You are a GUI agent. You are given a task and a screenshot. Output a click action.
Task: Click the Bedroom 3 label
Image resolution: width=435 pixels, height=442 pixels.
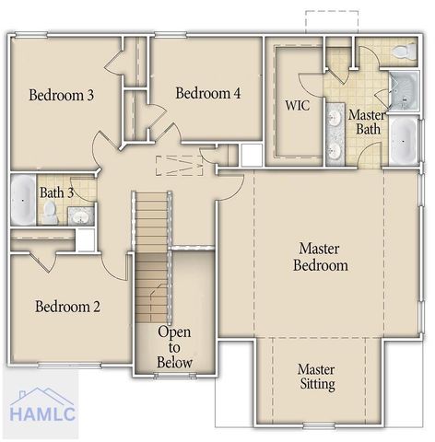61,95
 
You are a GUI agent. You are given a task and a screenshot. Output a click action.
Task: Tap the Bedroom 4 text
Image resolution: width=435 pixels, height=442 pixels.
208,93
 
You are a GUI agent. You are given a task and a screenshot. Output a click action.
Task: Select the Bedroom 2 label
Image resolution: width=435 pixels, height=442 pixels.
67,307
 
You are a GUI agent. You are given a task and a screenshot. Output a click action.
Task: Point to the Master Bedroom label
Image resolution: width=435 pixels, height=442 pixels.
320,257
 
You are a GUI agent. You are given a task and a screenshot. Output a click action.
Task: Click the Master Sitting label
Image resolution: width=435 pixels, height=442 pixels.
316,377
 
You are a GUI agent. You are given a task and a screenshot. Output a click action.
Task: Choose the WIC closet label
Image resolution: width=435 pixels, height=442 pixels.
297,105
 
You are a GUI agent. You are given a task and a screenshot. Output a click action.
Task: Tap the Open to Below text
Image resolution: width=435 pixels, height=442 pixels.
174,347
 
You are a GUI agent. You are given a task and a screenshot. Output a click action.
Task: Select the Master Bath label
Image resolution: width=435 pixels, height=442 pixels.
366,122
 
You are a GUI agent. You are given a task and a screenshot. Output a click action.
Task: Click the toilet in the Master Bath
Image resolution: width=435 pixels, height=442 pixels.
403,52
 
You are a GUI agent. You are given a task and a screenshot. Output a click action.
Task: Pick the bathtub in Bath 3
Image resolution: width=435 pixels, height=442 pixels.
22,200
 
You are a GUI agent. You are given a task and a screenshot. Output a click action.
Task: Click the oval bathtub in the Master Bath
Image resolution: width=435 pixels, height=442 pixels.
403,141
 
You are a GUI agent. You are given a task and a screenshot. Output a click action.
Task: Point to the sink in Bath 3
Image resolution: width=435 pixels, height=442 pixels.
80,217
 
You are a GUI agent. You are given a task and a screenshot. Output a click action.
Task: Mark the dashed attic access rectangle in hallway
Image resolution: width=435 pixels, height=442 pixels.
179,166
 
